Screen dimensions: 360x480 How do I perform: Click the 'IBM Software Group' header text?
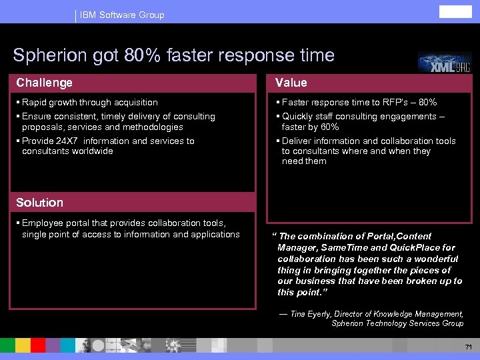click(x=122, y=15)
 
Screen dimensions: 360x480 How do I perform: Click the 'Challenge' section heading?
click(x=45, y=83)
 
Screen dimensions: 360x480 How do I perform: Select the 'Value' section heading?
click(x=291, y=83)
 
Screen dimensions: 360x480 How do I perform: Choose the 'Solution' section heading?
click(x=40, y=202)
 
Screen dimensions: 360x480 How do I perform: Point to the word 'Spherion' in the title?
click(x=46, y=55)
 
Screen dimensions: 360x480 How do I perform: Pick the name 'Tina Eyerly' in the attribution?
click(x=311, y=313)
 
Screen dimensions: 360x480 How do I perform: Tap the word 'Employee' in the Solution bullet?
click(x=43, y=223)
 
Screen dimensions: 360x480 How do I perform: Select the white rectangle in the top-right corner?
click(x=455, y=12)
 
